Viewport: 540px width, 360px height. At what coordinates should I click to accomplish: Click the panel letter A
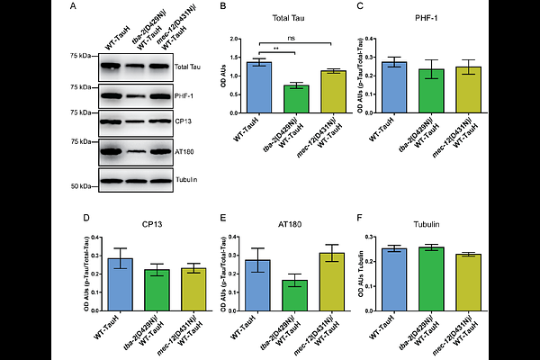click(x=71, y=8)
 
